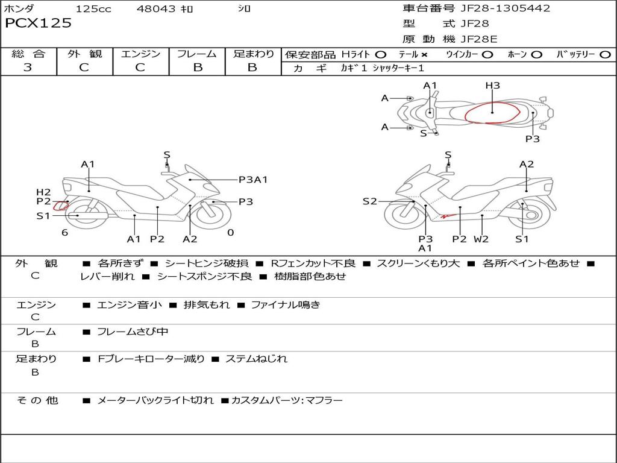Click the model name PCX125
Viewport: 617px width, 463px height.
(x=38, y=24)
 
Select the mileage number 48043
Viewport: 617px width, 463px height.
(x=157, y=9)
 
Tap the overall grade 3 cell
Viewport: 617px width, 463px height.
(x=28, y=68)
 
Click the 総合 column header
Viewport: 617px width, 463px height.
(x=28, y=54)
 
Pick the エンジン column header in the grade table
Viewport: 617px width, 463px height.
(x=140, y=54)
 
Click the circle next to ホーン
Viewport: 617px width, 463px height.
(x=537, y=55)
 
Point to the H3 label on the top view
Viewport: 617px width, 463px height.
(x=492, y=86)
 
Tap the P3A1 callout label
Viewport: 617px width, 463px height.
(x=253, y=179)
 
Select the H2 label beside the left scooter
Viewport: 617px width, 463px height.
(x=43, y=192)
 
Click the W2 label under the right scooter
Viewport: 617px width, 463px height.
(x=481, y=239)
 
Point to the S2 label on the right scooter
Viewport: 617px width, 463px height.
(x=369, y=201)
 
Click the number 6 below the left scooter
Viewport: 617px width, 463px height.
(x=64, y=233)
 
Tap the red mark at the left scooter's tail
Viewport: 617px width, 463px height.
(x=60, y=206)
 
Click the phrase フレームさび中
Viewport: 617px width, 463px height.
(x=133, y=332)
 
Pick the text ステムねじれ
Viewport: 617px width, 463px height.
(x=256, y=359)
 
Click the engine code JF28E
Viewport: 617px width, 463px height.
(x=479, y=39)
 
